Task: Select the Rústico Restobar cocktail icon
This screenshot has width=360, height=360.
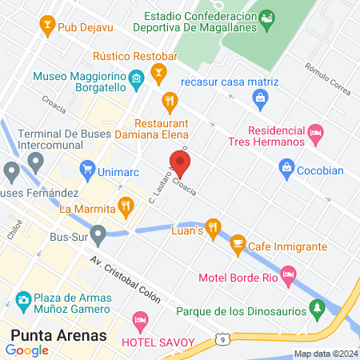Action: coord(159,75)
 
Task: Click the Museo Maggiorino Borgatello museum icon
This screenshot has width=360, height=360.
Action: coord(136,77)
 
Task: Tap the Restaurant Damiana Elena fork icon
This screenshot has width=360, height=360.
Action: coord(169,102)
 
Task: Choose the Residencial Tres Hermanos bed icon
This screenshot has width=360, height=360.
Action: coord(316,130)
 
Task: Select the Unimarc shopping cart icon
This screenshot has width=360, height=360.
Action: coord(88,170)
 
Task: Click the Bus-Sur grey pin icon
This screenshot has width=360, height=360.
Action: coord(98,235)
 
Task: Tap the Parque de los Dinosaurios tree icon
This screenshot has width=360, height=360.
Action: coord(318,307)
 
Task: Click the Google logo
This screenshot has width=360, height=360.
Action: coord(26,350)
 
